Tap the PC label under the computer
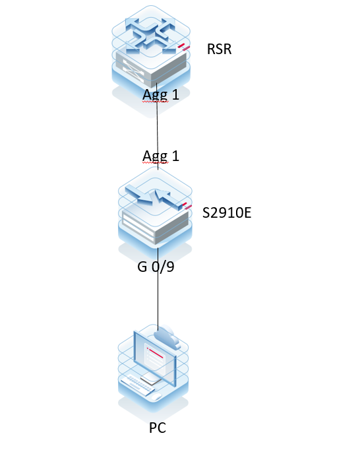pos(157,428)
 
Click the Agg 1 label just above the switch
pos(161,156)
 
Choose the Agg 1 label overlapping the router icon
pos(161,95)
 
